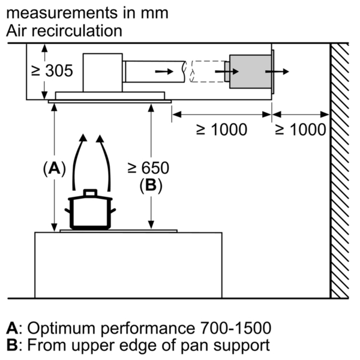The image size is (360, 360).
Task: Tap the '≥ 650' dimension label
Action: [149, 169]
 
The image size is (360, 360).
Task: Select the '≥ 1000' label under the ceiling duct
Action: [221, 129]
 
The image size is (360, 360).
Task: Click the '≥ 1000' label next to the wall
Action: [301, 129]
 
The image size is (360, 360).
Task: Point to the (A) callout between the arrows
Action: [54, 169]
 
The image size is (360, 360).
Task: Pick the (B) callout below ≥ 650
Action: [150, 185]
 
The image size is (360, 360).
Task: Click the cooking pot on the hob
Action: [90, 211]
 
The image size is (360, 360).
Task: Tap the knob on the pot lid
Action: [90, 193]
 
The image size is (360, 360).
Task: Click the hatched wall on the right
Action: [339, 171]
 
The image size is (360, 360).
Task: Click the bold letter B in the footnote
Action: [11, 345]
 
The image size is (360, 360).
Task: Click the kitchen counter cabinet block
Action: [128, 264]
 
